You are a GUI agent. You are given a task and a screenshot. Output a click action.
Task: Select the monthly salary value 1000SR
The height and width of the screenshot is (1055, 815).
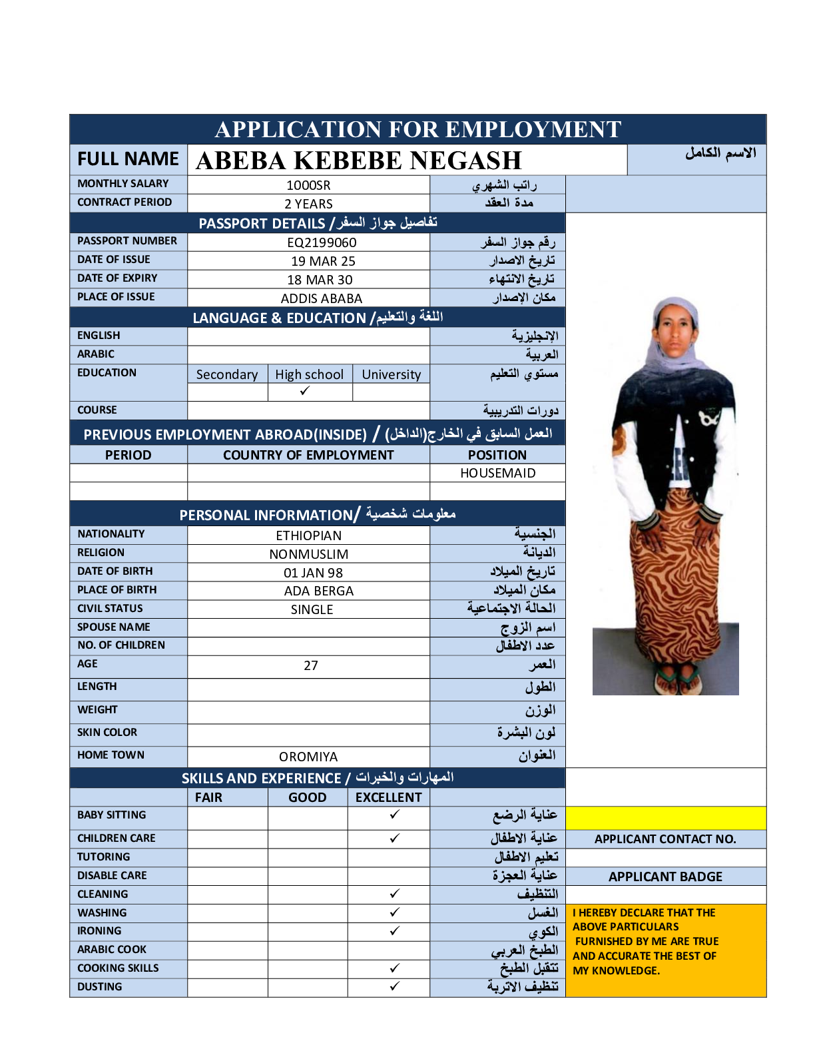pos(308,185)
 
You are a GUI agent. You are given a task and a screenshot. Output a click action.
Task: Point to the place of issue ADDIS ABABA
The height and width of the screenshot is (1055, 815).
pos(321,298)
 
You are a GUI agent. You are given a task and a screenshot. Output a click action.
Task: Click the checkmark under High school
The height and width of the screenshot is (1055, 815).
pos(305,392)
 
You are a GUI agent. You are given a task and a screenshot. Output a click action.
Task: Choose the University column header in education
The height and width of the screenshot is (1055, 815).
pos(391,374)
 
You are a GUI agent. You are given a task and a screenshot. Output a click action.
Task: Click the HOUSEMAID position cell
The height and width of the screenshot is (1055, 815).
pos(497,473)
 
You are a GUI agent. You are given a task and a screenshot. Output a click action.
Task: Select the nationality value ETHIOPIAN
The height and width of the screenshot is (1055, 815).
pos(308,535)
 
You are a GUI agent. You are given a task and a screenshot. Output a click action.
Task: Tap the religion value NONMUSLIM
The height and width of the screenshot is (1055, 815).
pos(308,554)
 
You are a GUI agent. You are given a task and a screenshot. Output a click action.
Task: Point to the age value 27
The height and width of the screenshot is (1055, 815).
pos(310,665)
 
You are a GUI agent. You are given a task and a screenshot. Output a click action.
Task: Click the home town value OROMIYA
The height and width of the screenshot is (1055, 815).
pos(308,757)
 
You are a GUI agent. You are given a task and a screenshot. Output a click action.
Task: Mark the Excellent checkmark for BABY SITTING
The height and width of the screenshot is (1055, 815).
pos(394,815)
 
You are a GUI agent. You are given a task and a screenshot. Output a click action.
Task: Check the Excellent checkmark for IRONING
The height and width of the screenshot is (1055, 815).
pos(394,930)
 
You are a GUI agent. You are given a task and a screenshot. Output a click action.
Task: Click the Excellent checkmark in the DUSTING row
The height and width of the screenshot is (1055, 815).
pos(394,986)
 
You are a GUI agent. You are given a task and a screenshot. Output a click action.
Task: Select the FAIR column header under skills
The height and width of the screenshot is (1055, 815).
pos(208,797)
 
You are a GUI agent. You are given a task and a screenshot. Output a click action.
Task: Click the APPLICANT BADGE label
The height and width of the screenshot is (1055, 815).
pos(665,877)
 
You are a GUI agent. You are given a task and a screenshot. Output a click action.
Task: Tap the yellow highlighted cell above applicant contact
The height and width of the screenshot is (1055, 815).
pos(665,818)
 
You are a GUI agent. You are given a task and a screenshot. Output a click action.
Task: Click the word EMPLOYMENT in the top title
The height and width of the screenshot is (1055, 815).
pos(533,129)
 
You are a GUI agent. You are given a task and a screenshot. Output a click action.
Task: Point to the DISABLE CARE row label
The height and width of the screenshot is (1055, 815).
pos(112,875)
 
